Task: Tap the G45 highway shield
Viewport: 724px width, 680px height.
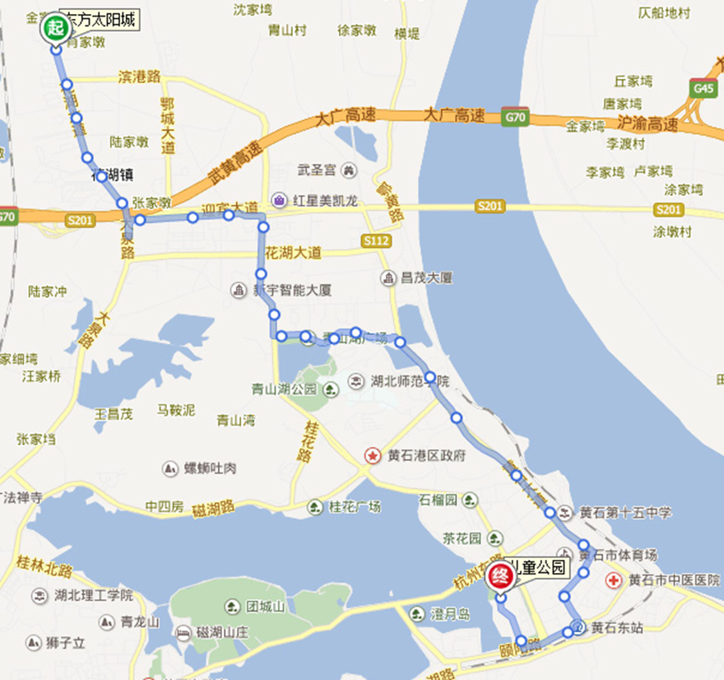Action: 705,87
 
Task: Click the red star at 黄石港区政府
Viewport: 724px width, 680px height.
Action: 373,456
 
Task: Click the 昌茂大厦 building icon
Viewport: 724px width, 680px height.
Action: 388,278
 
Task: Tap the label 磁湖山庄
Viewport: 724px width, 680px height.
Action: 221,633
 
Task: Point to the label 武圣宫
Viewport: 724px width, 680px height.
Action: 317,170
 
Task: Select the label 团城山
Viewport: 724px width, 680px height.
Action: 265,607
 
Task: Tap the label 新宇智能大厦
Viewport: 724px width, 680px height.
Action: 291,291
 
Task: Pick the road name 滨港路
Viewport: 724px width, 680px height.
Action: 139,77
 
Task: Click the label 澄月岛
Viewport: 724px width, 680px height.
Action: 450,613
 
